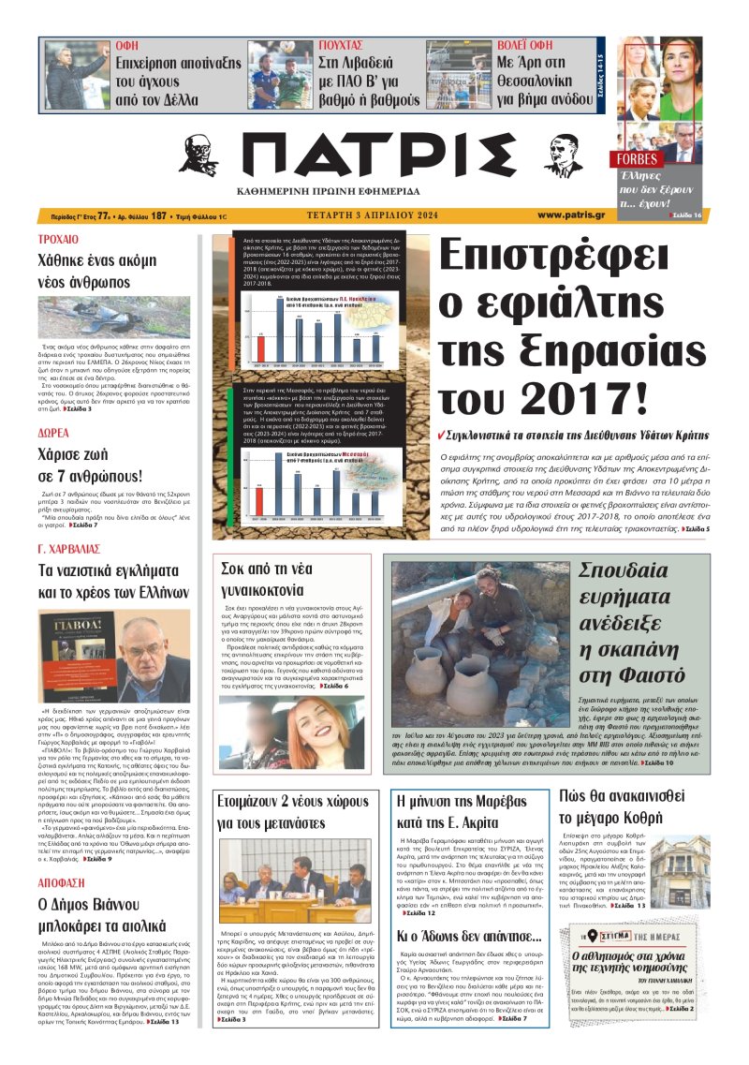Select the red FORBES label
point(638,158)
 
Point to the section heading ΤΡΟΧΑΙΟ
point(58,239)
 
